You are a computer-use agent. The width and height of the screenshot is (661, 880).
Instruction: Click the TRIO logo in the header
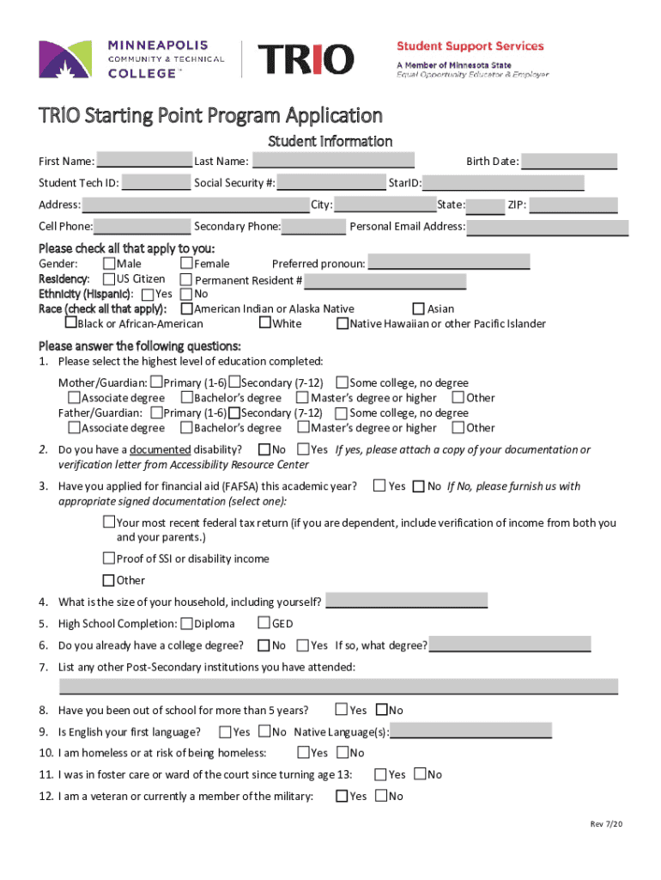306,59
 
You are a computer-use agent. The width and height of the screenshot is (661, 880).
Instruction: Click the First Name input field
144,161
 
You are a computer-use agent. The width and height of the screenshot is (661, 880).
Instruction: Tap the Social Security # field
331,182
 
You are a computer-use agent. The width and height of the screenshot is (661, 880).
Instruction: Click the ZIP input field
573,205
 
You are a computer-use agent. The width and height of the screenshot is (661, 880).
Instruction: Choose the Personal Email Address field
548,227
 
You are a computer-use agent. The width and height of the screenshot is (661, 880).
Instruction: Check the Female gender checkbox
186,264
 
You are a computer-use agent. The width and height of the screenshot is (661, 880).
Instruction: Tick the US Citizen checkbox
109,279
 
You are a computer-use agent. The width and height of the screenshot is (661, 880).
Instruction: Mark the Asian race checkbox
419,309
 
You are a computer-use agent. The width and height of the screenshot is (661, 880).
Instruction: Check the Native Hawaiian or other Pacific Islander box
342,324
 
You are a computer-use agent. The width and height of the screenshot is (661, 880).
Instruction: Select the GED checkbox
264,623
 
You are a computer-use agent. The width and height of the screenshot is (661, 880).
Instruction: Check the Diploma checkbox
186,624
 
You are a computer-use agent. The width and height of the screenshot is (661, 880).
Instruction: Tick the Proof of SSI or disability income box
109,559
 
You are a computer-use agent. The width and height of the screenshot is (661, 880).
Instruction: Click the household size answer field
407,601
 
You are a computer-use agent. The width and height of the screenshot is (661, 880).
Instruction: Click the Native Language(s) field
470,731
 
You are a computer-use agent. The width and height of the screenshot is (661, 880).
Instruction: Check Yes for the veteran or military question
341,796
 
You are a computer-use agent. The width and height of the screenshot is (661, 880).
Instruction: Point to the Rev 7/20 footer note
605,824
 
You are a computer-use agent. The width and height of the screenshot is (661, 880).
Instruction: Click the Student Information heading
330,141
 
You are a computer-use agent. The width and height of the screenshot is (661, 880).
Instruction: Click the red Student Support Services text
470,46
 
